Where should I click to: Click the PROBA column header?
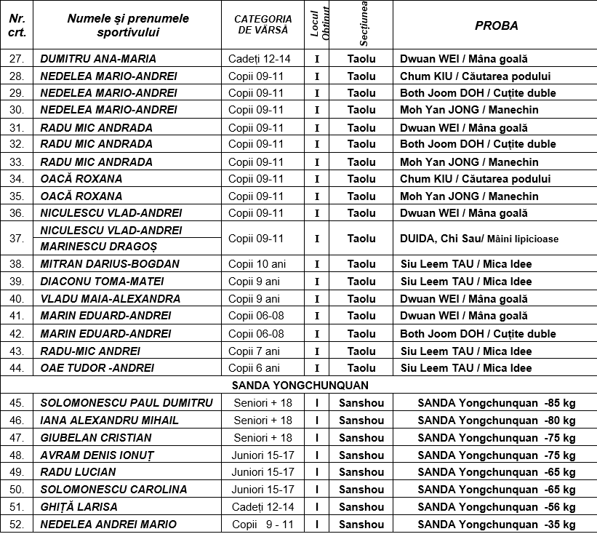tap(496, 25)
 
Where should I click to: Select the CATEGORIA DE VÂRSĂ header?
tap(263, 25)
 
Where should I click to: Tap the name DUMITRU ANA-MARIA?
tap(98, 59)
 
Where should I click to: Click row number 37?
tap(17, 239)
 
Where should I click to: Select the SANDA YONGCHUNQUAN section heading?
tap(300, 386)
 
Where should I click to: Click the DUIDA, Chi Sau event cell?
tap(479, 239)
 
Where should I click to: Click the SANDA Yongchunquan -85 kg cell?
tap(496, 403)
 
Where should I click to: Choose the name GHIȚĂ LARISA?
tap(79, 507)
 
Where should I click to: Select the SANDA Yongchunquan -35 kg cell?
tap(496, 525)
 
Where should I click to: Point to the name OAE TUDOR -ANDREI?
tap(97, 368)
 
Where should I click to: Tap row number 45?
tap(17, 403)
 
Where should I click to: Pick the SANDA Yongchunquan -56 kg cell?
tap(496, 507)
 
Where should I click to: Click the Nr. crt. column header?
tap(17, 25)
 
